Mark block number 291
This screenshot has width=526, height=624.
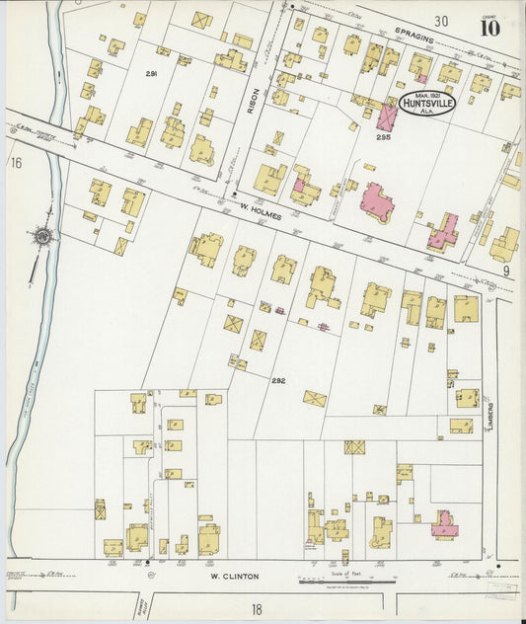point(151,74)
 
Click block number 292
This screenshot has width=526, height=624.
point(278,379)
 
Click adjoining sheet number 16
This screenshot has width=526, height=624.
point(16,161)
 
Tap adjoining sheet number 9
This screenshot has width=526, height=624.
point(504,270)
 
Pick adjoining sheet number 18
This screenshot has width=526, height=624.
point(257,609)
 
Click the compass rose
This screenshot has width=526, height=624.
point(41,237)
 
